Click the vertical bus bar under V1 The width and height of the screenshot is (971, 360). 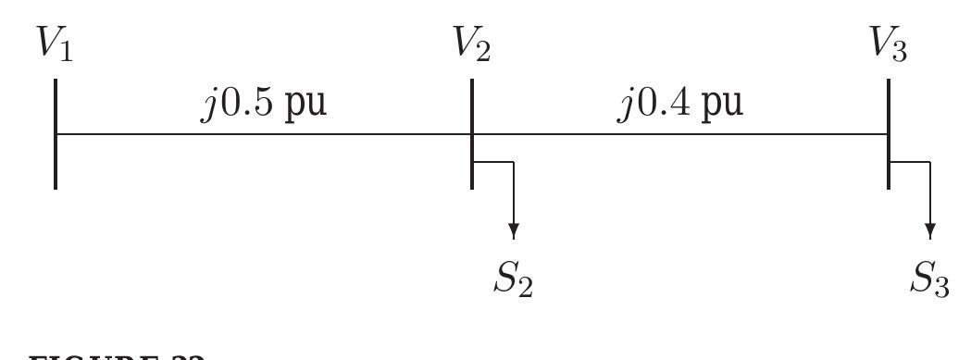click(x=56, y=134)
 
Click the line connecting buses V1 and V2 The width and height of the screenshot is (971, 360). click(x=264, y=134)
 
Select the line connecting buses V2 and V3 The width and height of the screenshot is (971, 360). click(x=680, y=134)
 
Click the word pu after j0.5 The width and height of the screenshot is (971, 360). click(x=306, y=106)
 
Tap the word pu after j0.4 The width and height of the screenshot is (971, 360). click(x=722, y=106)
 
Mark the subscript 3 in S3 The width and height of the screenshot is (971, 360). click(x=940, y=286)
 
